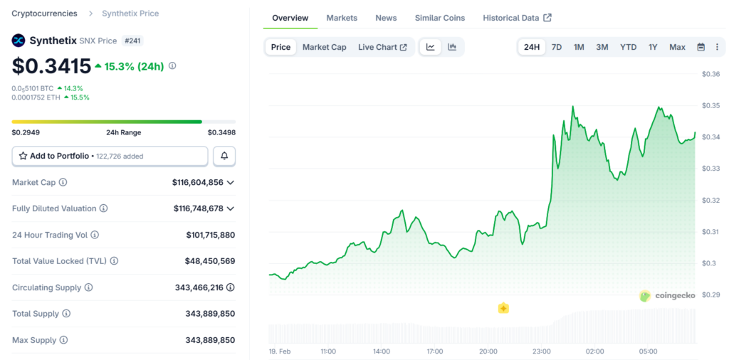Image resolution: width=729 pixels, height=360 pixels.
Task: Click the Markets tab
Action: (342, 18)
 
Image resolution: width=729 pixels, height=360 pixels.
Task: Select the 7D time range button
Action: (557, 47)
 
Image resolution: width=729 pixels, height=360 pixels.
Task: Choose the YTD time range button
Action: (628, 47)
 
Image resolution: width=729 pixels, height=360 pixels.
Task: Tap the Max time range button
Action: (677, 47)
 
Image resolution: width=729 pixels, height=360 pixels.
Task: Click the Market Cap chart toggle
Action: (324, 47)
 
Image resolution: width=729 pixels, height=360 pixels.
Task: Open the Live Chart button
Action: (382, 47)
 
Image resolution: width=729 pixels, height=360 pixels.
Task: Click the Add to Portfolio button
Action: (110, 156)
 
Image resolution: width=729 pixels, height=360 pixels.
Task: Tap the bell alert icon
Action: (224, 156)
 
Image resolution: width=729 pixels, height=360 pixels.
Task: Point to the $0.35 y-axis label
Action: (710, 105)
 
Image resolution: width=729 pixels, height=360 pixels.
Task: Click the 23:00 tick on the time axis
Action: (541, 351)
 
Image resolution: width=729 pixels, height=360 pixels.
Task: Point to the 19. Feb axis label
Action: (279, 351)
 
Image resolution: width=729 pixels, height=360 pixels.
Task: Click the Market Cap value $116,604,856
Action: (197, 183)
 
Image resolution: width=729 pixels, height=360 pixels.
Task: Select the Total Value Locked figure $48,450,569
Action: (210, 261)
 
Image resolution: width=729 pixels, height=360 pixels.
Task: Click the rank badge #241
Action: (132, 41)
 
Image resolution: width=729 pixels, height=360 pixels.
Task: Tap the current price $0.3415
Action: (51, 66)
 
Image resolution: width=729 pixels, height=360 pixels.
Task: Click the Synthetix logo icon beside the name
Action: (19, 41)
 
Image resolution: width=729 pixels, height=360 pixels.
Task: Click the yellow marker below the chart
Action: (503, 308)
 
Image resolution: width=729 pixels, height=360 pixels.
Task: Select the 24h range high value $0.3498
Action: (221, 132)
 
